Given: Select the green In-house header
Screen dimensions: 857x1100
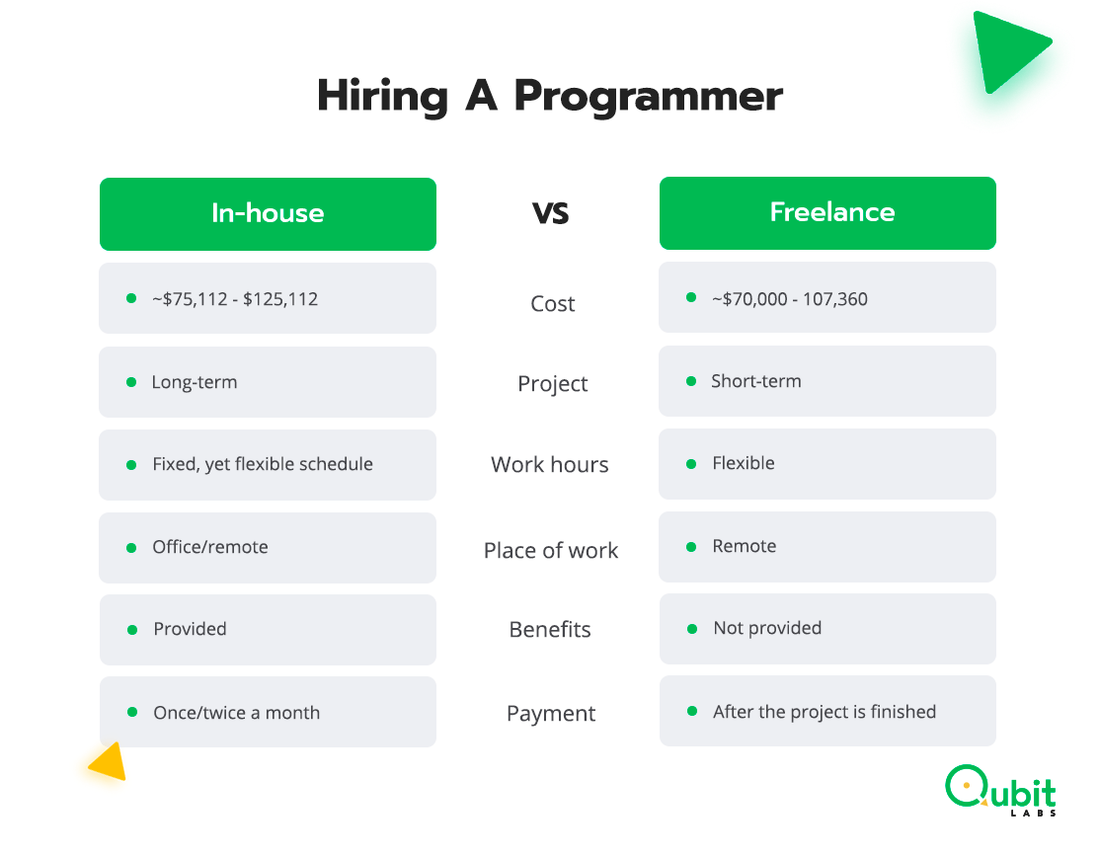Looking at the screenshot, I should [268, 213].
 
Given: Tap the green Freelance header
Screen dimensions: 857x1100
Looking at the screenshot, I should [827, 212].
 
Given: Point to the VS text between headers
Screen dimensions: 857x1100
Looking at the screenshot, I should [550, 213].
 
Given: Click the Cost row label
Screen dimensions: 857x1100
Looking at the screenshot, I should [552, 304].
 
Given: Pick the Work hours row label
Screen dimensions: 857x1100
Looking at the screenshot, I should [550, 465].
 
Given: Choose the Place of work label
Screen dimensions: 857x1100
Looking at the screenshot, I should [551, 551].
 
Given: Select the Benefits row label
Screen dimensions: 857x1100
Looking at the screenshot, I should [550, 630].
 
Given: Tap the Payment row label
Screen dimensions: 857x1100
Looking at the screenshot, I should [551, 714].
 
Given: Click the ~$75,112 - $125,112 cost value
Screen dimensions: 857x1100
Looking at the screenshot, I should [235, 299].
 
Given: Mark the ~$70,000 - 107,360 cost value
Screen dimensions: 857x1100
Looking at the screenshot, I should [790, 299].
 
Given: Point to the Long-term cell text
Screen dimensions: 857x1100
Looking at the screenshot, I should [195, 382].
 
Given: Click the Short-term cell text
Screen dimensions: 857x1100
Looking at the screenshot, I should [756, 381].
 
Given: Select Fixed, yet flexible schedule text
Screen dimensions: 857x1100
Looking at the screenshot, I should [263, 464].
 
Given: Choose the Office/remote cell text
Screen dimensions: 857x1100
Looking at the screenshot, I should [210, 547].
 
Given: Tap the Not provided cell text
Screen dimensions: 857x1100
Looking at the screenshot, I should [767, 628].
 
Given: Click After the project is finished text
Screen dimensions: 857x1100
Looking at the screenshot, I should [825, 712].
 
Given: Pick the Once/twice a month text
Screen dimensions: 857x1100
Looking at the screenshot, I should [237, 713].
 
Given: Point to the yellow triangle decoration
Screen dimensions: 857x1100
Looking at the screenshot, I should [109, 762].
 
